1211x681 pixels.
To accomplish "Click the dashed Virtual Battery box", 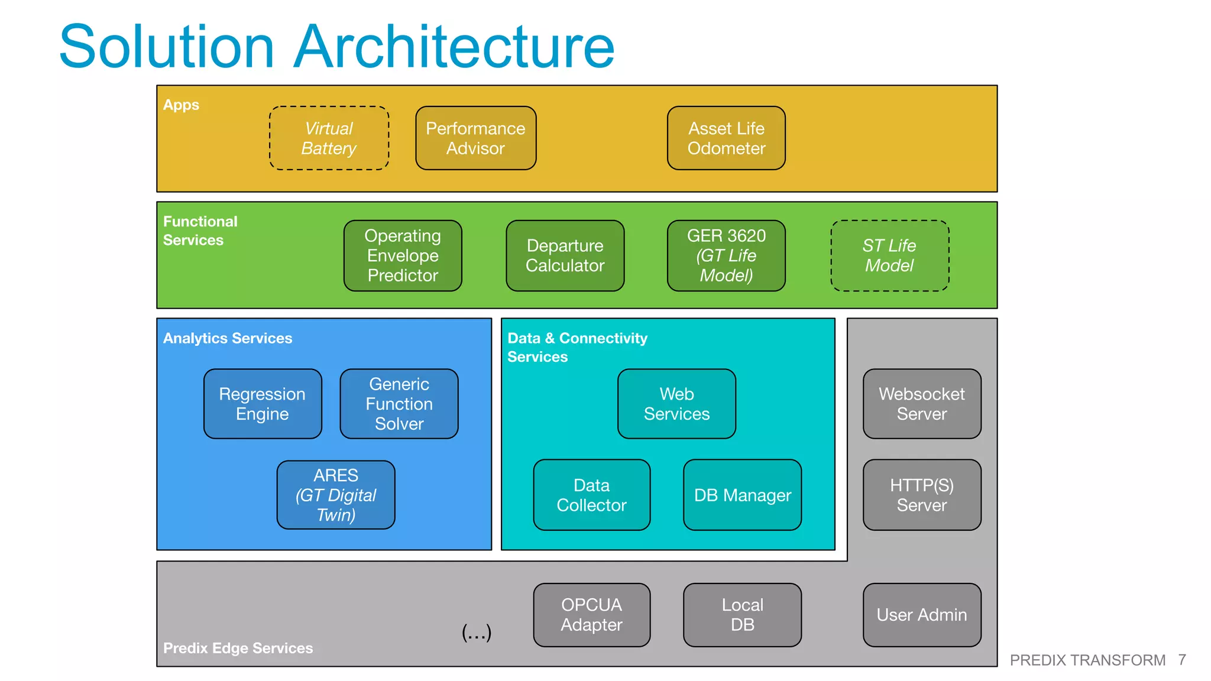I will (x=329, y=138).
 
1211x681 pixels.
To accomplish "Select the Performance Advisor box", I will (x=475, y=138).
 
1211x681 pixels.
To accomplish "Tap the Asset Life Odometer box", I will (x=726, y=138).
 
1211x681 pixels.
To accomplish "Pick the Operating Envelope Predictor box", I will (x=403, y=255).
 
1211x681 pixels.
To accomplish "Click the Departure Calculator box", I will (x=565, y=255).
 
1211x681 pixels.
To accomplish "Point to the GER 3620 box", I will (x=726, y=255).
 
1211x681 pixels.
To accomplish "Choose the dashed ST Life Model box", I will (x=889, y=255).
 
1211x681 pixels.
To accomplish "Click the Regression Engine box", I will (x=263, y=404).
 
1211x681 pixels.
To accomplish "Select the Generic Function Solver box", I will (x=399, y=404).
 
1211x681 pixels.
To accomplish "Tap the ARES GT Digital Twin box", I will (x=336, y=495).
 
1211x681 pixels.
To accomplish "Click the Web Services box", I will (x=676, y=404).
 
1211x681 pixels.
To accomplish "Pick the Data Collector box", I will (x=591, y=495).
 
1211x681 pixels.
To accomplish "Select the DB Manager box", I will (x=742, y=495).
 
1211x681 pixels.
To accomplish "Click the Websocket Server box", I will (x=921, y=404).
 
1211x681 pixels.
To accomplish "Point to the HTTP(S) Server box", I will (x=921, y=495).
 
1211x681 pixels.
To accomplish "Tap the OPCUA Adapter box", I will (x=591, y=615).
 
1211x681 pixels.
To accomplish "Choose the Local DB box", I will (x=742, y=615).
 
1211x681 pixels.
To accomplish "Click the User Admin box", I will (x=921, y=615).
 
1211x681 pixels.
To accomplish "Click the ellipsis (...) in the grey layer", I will (x=477, y=632).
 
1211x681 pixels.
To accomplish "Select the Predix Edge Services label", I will (x=238, y=648).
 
